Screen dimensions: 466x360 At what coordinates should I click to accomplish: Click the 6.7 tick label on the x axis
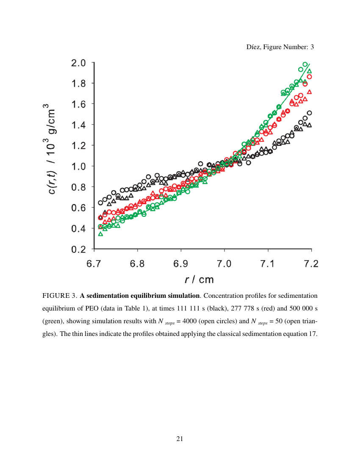click(94, 264)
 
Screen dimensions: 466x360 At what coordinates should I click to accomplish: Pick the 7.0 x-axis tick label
click(224, 264)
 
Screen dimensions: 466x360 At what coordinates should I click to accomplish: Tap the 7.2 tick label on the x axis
click(311, 264)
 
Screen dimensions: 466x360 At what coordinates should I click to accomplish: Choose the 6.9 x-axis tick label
click(180, 264)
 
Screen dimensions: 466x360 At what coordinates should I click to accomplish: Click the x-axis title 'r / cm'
click(199, 280)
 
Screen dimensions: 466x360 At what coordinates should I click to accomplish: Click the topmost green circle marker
click(305, 64)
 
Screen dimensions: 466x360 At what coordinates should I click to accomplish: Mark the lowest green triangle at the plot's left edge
click(100, 234)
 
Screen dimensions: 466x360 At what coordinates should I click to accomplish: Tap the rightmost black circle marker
click(309, 113)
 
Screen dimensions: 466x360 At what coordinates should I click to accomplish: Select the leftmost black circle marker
click(100, 202)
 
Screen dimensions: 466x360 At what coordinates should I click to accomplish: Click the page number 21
click(180, 439)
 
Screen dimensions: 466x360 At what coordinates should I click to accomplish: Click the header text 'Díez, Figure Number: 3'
click(280, 47)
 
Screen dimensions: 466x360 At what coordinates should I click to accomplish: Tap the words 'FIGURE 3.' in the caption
click(59, 295)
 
